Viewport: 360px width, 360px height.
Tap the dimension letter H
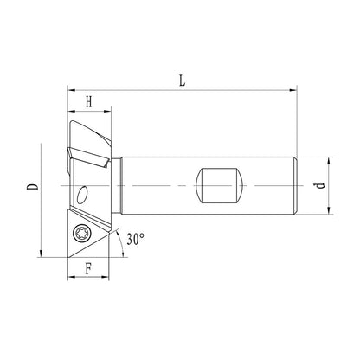point(88,102)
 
